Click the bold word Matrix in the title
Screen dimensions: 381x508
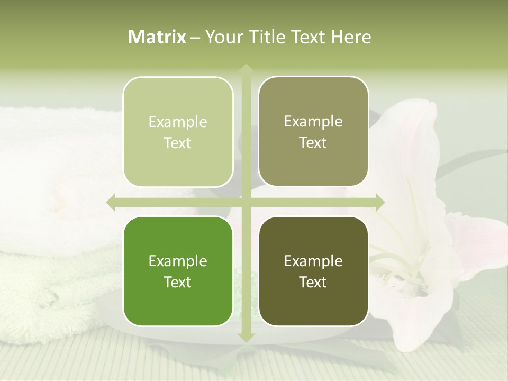click(x=157, y=37)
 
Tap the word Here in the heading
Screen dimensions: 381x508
click(x=351, y=37)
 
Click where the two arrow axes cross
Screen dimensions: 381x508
click(x=246, y=202)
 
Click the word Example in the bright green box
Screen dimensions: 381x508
click(x=178, y=261)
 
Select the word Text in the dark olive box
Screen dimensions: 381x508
click(x=313, y=282)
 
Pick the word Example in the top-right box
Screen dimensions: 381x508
click(x=313, y=122)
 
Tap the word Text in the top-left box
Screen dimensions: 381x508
click(x=178, y=143)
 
